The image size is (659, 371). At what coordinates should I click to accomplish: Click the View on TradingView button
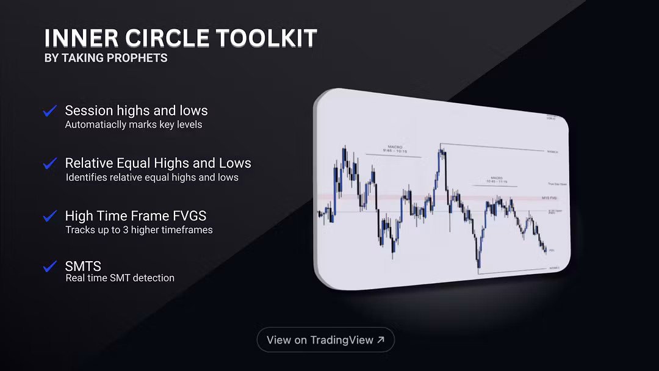point(325,340)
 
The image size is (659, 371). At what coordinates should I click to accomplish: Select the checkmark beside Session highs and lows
point(49,111)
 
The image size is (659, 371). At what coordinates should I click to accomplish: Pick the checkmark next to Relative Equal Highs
point(49,164)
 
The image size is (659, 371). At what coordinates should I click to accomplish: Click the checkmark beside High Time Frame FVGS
point(49,216)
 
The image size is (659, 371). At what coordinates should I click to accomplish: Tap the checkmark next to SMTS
point(49,267)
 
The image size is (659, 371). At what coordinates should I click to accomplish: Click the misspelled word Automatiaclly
point(96,124)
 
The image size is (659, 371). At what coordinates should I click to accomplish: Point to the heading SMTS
point(83,266)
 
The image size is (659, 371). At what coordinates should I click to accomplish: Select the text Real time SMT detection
point(120,278)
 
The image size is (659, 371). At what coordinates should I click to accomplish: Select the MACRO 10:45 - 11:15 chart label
point(495,180)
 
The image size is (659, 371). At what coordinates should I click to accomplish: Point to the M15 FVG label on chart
point(550,198)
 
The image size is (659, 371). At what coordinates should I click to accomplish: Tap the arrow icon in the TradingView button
point(381,340)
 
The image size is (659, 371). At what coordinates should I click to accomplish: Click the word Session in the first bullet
point(89,110)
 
